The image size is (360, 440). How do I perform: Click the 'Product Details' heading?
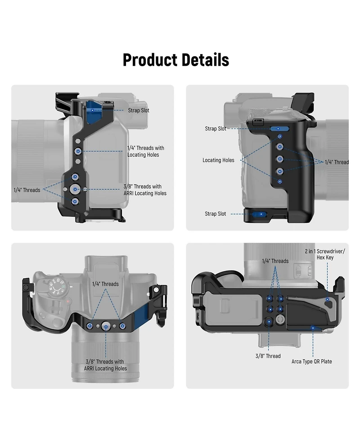coord(176,60)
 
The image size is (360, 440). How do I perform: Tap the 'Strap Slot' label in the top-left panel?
coord(139,110)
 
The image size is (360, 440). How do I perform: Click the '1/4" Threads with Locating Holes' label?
coord(145,151)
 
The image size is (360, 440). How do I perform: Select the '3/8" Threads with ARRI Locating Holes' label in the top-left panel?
coord(145,190)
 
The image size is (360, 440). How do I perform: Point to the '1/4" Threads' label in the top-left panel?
coord(27,190)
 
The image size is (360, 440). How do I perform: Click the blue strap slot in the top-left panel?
coord(93,112)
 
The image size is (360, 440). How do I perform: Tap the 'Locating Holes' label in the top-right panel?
coord(218,160)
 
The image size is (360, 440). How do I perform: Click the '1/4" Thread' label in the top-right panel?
coord(337,162)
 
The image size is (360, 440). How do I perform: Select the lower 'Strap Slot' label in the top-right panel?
coord(215,213)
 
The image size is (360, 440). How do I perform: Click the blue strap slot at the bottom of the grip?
coord(259,214)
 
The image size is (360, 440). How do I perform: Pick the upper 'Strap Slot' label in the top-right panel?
coord(216,128)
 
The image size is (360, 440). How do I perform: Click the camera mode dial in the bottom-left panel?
coord(56,286)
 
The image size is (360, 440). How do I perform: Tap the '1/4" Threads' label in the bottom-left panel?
coord(105,284)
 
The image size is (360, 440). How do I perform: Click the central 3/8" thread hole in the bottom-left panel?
coord(106,327)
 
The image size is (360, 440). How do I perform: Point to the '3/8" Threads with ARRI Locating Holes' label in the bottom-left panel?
coord(105,365)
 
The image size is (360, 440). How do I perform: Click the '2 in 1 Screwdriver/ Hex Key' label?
coord(325,254)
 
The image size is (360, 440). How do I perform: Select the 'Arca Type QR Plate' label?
coord(311,362)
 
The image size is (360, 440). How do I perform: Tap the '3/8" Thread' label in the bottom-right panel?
coord(268,356)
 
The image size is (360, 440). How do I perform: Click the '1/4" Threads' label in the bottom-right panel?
coord(275,261)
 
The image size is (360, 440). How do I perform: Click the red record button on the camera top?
coord(67,301)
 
